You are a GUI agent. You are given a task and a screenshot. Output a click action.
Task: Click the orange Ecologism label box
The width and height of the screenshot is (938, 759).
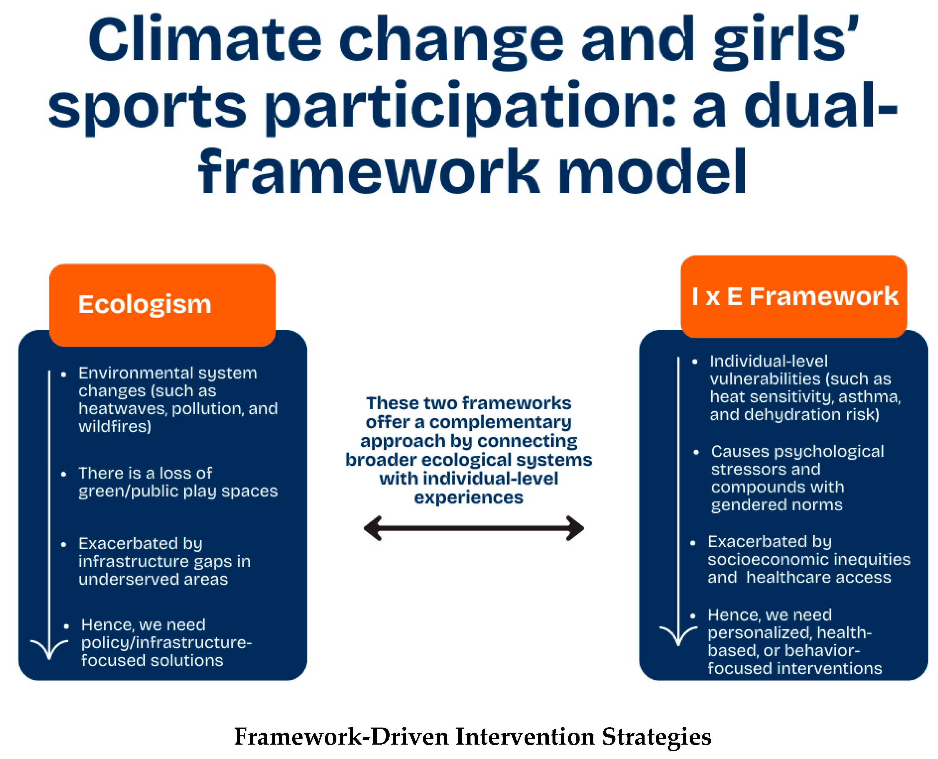(x=162, y=305)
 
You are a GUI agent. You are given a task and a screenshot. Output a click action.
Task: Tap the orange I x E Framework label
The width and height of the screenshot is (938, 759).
(x=794, y=296)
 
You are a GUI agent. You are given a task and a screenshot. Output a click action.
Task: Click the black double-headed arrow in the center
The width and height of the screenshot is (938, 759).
(x=474, y=528)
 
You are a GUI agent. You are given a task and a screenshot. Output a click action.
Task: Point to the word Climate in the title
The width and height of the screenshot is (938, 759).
(x=205, y=40)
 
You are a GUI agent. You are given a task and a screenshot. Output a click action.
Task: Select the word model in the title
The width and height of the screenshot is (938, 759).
(x=652, y=171)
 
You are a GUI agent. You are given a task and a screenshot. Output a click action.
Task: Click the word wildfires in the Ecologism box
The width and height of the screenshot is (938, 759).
(x=115, y=426)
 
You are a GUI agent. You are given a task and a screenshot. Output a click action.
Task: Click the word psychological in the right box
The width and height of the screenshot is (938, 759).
(x=829, y=452)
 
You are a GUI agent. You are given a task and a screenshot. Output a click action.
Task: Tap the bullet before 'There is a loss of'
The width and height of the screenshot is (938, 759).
(x=64, y=474)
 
